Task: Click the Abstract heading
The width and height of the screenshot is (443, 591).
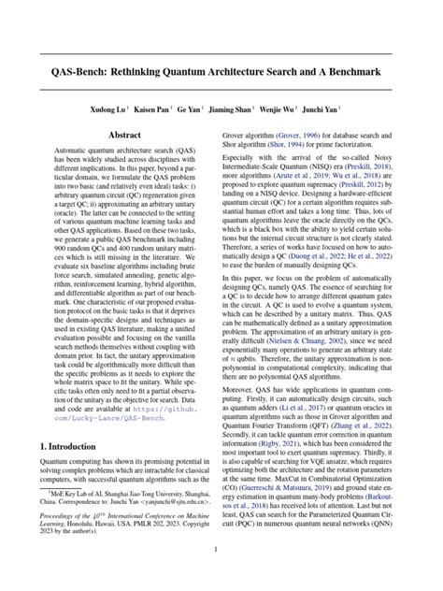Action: click(x=124, y=136)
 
